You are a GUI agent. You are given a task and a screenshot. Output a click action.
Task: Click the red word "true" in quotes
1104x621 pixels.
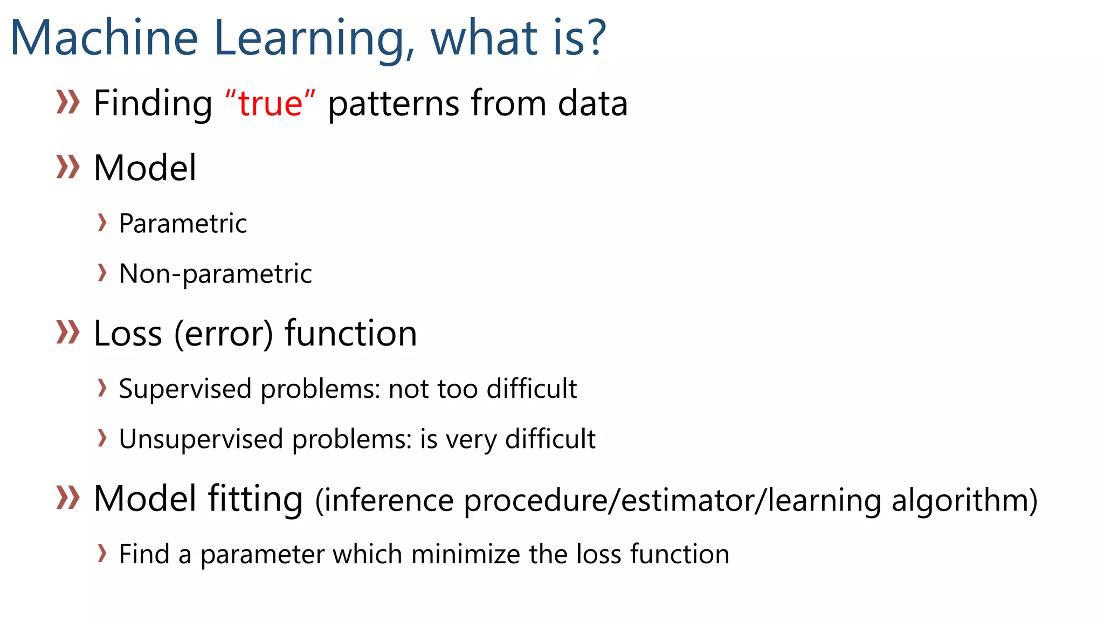coord(270,103)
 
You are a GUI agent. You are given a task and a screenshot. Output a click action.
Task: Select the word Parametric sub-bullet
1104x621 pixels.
coord(183,223)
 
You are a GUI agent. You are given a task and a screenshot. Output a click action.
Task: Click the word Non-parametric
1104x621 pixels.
coord(215,274)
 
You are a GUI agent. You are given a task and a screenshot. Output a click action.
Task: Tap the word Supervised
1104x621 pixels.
coord(185,389)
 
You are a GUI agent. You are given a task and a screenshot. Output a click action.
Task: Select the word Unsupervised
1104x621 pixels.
coord(201,439)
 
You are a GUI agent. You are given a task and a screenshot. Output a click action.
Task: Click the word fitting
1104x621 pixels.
coord(256,499)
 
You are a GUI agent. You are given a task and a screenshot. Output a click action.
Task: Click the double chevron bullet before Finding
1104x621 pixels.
coord(68,102)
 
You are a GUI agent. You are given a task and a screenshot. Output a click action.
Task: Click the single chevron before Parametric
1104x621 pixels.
coord(102,222)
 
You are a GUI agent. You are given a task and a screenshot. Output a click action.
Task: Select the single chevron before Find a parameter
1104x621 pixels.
coord(102,553)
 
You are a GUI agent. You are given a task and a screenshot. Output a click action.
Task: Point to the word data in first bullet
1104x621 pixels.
coord(592,103)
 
